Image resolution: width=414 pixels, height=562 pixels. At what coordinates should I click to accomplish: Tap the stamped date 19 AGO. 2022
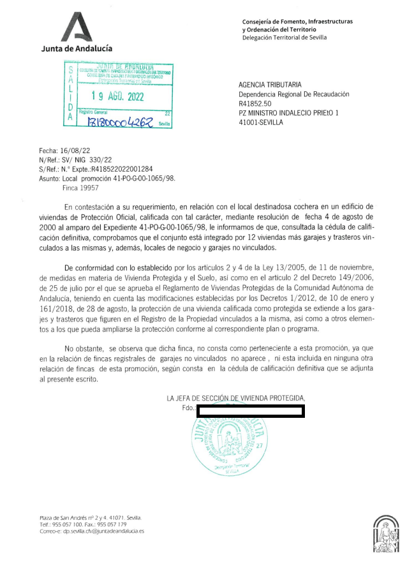point(118,97)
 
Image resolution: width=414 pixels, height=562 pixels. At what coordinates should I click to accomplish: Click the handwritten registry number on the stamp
point(121,122)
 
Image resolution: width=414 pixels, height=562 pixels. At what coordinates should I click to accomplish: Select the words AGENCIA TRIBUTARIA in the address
point(270,85)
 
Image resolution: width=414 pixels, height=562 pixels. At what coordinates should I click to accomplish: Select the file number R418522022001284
point(126,170)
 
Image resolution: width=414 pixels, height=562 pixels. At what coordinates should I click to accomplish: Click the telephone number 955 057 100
point(67,524)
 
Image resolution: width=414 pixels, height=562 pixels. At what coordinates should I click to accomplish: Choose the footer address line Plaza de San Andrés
point(91,517)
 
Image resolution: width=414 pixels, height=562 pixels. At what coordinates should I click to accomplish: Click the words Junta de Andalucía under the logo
point(77,48)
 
